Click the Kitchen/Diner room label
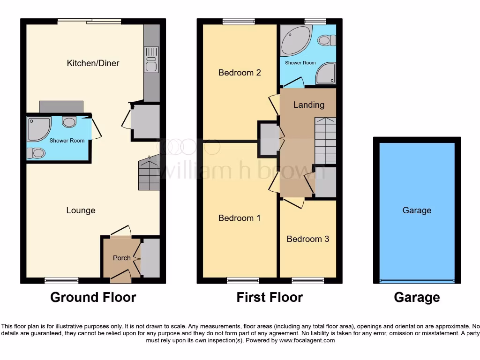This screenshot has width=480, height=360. point(93,63)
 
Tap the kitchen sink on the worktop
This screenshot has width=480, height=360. point(151,60)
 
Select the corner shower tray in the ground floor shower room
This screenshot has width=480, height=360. point(38,128)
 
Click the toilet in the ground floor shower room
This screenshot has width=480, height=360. point(36,153)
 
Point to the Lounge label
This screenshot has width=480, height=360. point(81,210)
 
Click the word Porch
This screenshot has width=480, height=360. point(122,258)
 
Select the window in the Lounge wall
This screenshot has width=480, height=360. point(61,280)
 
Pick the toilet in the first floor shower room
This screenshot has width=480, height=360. point(326,41)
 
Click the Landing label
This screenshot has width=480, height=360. point(308,105)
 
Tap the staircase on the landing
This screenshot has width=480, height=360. point(325,140)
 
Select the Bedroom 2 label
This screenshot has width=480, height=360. point(240,73)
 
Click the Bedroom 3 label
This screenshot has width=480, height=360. point(308,239)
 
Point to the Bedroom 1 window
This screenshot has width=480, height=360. point(243,280)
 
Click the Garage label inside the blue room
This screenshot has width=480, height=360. point(417,210)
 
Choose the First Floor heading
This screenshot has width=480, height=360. point(270,297)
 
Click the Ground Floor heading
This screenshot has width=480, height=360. point(93,297)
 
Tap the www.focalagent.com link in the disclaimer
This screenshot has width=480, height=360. point(307,340)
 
